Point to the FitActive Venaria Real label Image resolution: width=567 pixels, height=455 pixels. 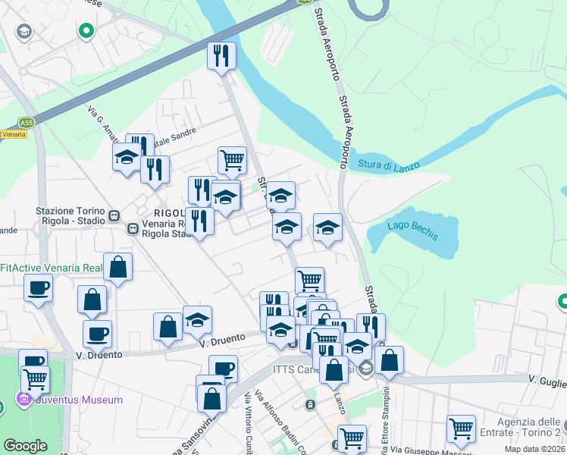coord(51,268)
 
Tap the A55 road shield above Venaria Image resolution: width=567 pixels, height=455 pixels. coord(27,121)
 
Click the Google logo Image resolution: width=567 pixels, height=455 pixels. coord(25,446)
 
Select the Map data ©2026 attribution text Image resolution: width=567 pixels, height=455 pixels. coord(535,449)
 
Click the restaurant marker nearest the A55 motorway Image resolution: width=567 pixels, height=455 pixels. coord(221,55)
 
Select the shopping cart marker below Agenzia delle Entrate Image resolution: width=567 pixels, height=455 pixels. coord(460,428)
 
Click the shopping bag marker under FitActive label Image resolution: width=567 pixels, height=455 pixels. coord(118,267)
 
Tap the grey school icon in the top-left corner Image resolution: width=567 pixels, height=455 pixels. coord(24,31)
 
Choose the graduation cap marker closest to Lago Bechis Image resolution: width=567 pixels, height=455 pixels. coord(327,227)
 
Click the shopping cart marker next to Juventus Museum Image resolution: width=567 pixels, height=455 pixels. coord(35,378)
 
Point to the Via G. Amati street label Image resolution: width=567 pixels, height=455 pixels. coord(103,123)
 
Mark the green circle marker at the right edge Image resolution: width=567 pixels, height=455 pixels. coord(562,303)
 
